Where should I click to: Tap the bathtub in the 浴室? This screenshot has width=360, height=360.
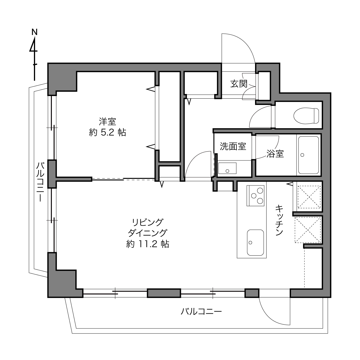[309, 155]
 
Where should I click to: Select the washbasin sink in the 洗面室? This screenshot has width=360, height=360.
[227, 168]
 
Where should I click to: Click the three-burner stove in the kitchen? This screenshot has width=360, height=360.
[255, 196]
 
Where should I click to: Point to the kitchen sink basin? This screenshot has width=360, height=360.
[255, 242]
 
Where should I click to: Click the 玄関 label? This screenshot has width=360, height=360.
[239, 84]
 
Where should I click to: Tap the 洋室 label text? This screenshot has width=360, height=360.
[108, 122]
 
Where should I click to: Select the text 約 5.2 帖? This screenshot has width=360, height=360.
[108, 133]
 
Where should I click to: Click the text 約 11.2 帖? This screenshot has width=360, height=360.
[148, 244]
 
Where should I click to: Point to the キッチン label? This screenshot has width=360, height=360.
[279, 220]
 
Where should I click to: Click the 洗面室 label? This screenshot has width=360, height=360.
[233, 146]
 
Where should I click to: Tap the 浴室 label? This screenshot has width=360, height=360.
[275, 154]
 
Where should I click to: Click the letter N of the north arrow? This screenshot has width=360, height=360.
[35, 32]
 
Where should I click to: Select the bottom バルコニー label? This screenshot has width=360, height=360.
[201, 311]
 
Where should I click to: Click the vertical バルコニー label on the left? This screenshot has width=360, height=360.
[40, 182]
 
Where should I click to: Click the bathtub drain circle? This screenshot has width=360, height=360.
[302, 155]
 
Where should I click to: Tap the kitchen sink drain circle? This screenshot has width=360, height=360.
[250, 243]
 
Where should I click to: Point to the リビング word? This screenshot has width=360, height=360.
[148, 222]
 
